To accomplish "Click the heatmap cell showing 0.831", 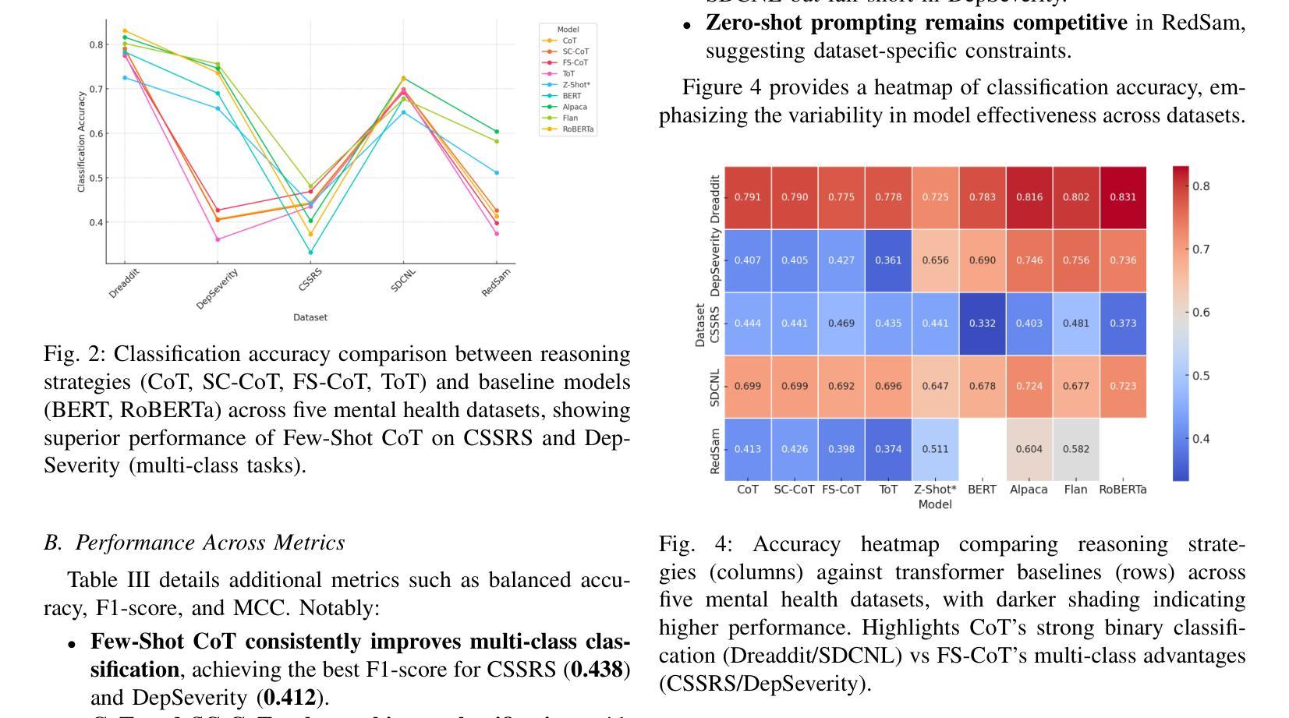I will click(1123, 197).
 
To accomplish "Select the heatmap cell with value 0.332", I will click(982, 324).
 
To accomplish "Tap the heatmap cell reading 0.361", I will click(888, 260).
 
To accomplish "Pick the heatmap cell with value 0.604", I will click(1029, 449).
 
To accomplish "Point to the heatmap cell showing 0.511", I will click(935, 449).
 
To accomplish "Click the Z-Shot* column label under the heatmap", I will click(935, 490).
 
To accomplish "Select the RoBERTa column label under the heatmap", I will click(1123, 490).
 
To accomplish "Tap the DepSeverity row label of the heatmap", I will click(715, 260).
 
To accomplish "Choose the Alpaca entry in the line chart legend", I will click(574, 107).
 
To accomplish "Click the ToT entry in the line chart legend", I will click(568, 73).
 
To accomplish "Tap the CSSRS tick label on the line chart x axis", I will click(310, 279).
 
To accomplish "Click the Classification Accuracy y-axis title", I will click(81, 142).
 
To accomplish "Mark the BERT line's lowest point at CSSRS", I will click(310, 253).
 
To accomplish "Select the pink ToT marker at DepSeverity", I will click(218, 239).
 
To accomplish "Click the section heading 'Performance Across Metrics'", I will click(210, 543).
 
